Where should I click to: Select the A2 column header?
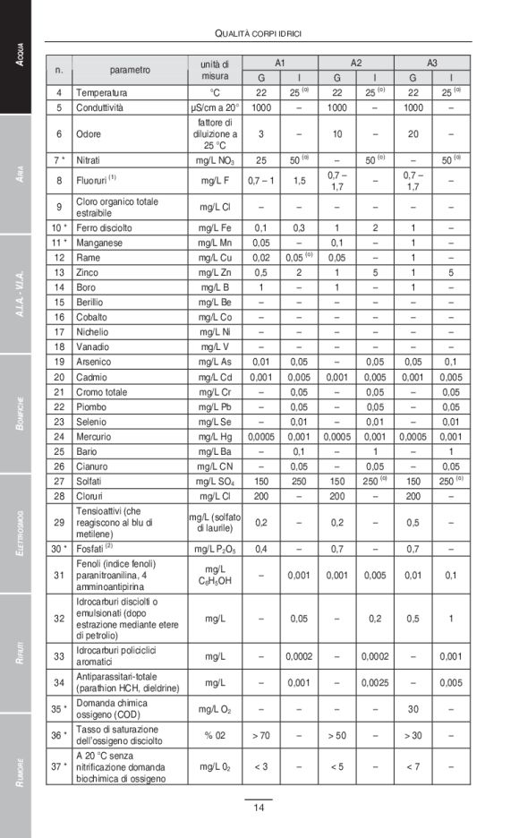coord(355,63)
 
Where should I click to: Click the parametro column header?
coord(130,70)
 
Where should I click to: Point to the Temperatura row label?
coord(101,92)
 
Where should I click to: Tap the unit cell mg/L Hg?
coord(215,436)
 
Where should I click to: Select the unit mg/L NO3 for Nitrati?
coord(215,159)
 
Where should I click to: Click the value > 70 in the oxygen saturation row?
coord(261,735)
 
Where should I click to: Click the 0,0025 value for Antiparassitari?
coord(374,683)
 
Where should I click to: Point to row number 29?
coord(59,522)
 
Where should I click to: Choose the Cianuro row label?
coord(94,466)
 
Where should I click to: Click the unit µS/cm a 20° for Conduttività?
coord(215,107)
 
